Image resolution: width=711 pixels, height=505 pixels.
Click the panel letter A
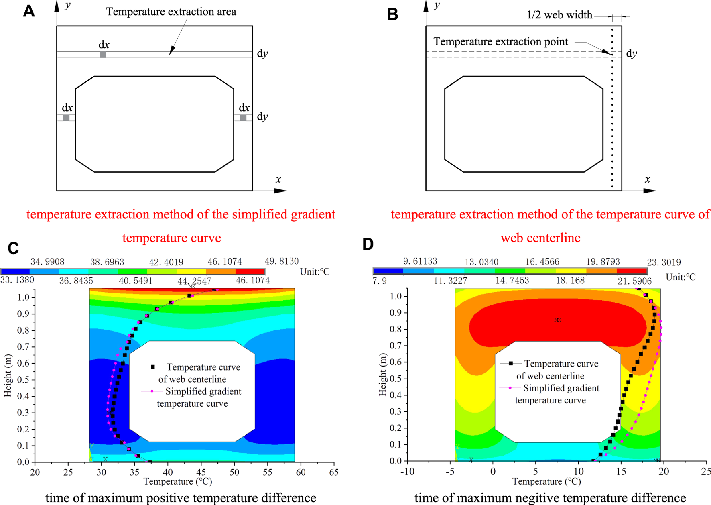click(29, 11)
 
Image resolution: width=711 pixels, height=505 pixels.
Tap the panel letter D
click(368, 244)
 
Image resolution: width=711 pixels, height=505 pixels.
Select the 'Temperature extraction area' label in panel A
click(171, 12)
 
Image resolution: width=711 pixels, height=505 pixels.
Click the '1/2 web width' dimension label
click(559, 15)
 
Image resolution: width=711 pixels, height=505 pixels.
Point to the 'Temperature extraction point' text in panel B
click(501, 42)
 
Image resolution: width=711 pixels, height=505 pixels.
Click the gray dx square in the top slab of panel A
click(103, 55)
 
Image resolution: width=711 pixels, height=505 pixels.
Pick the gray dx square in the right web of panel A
click(243, 118)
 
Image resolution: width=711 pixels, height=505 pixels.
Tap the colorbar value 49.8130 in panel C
click(282, 261)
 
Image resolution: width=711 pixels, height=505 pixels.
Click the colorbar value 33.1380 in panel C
click(17, 280)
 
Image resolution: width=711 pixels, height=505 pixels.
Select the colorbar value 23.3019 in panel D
click(664, 263)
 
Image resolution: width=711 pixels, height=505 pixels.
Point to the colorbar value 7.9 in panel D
click(380, 281)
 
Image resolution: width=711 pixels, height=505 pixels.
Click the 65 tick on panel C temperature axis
click(334, 472)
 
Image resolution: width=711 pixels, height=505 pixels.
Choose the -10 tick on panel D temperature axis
click(407, 472)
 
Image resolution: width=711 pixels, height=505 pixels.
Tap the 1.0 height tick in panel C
click(23, 297)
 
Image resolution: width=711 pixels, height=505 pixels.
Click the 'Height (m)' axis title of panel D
click(382, 375)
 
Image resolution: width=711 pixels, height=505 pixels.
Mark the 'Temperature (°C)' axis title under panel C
click(178, 481)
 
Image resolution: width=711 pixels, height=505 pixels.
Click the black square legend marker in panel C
click(152, 367)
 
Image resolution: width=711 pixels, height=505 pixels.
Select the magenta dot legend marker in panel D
click(510, 388)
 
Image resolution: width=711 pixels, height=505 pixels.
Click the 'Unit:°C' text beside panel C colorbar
click(315, 272)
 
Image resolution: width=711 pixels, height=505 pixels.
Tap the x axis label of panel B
click(647, 179)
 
